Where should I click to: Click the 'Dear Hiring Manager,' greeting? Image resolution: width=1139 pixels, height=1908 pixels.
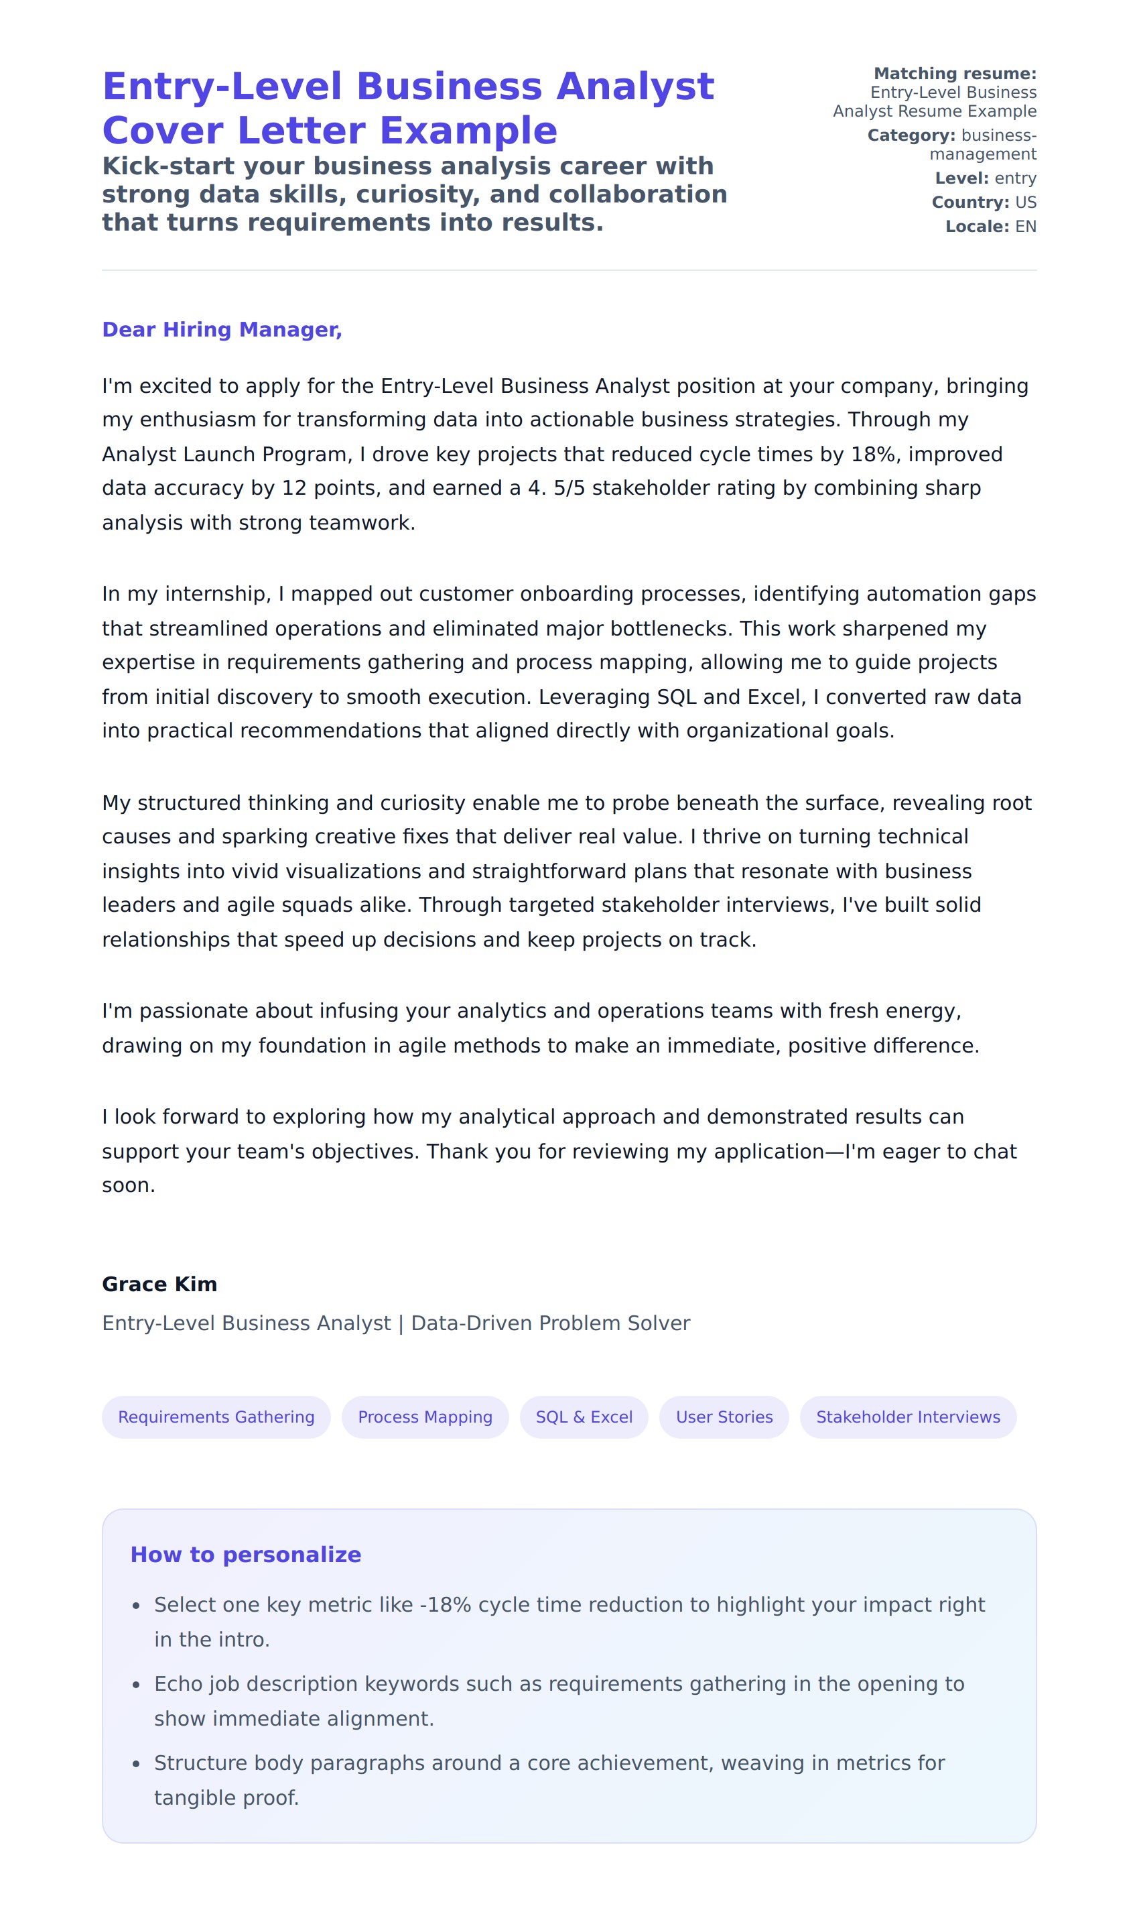coord(222,329)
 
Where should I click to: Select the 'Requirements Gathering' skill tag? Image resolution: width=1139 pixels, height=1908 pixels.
coord(216,1417)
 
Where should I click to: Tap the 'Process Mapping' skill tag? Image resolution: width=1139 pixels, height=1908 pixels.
coord(425,1417)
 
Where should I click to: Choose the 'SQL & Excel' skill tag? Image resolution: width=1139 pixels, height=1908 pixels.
coord(584,1417)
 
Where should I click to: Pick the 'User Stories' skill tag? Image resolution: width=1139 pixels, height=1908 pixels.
coord(724,1417)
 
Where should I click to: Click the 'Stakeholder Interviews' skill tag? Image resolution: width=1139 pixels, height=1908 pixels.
coord(908,1417)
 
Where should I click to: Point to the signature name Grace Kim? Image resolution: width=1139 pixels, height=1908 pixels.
coord(159,1284)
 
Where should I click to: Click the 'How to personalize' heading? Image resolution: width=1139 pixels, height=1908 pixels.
coord(246,1554)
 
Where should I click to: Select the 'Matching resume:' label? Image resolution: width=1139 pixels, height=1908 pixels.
coord(955,74)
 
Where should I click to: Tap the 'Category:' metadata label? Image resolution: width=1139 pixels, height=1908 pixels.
coord(911,135)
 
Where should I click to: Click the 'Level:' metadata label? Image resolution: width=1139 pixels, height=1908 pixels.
coord(961,178)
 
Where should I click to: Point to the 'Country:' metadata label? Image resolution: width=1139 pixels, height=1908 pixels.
coord(970,202)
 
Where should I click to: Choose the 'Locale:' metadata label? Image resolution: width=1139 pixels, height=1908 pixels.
coord(977,227)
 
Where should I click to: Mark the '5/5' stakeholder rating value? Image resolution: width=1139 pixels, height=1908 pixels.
coord(569,487)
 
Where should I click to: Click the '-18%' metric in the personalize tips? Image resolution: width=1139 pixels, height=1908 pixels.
coord(445,1605)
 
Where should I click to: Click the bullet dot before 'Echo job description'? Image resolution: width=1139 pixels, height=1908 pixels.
coord(137,1685)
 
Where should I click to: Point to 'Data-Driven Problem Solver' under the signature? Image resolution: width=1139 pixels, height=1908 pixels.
coord(550,1323)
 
